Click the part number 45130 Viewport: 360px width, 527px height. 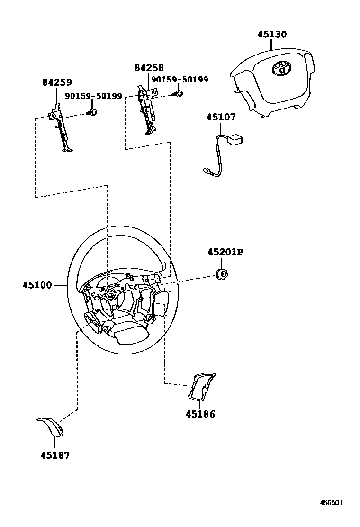272,35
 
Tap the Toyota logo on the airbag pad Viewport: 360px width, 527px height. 280,68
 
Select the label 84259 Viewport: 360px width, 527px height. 57,82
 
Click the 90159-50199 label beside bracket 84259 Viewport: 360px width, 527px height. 93,96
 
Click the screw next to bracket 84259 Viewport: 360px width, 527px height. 93,112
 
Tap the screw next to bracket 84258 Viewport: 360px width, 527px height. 179,93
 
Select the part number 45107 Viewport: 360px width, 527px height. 221,117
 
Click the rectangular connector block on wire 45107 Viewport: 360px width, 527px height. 235,139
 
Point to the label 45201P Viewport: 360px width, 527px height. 225,253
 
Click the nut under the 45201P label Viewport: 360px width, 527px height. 221,273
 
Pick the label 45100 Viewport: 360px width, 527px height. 37,285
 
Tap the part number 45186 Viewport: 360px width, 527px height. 200,414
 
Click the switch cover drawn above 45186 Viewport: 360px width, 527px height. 201,386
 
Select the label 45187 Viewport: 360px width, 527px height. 55,455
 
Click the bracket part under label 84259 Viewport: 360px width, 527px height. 62,130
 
